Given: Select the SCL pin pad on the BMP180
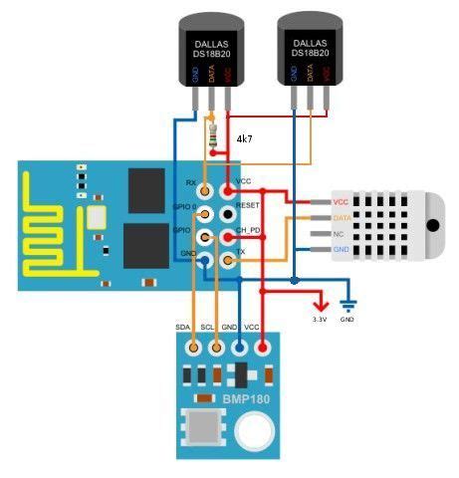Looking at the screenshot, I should (x=216, y=348).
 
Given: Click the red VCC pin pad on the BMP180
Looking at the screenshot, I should (x=262, y=348).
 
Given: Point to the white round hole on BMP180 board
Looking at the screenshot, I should (x=256, y=431).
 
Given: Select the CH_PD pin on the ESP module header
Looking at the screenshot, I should (x=229, y=236).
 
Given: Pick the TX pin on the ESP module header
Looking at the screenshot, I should (x=229, y=260).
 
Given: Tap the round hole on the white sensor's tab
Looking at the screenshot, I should (x=434, y=225).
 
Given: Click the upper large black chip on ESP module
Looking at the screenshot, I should (x=146, y=189).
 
